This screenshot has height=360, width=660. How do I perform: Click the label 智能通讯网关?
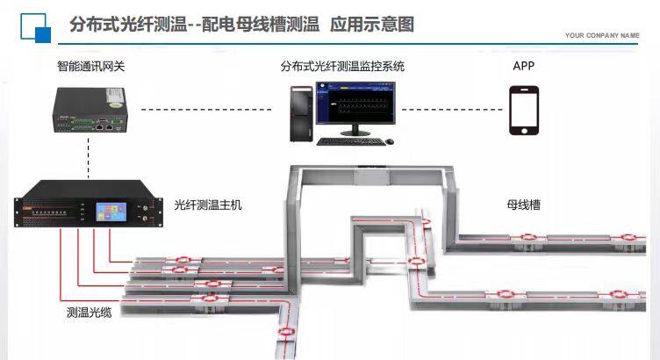[x=90, y=66]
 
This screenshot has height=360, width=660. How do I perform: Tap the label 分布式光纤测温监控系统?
[x=342, y=66]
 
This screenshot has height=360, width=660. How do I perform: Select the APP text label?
[x=524, y=66]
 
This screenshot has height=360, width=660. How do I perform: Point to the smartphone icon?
[x=524, y=111]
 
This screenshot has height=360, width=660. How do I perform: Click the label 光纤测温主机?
[x=209, y=205]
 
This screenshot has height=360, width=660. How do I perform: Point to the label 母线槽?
[x=523, y=205]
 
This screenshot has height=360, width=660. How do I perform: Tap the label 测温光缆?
[x=89, y=312]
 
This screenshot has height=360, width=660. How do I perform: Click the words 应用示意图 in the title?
[x=371, y=24]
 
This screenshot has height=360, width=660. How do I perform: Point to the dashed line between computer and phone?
[x=451, y=110]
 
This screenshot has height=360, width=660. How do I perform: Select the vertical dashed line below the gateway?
[x=89, y=158]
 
